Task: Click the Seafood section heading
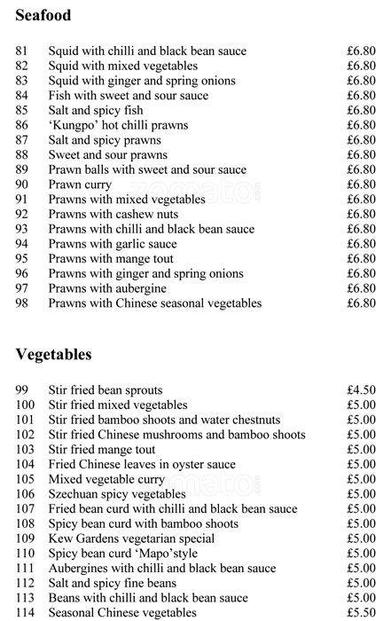(x=43, y=16)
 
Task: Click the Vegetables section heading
(x=53, y=355)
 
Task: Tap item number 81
(x=22, y=51)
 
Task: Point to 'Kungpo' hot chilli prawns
(x=118, y=125)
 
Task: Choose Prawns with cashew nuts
(x=113, y=214)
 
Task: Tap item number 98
(x=22, y=303)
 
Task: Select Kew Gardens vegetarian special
(x=131, y=538)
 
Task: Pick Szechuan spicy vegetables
(x=117, y=494)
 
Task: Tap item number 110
(x=25, y=554)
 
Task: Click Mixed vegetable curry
(x=107, y=479)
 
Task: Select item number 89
(x=22, y=169)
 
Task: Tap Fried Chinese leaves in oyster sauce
(x=142, y=464)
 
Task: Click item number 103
(x=25, y=449)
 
